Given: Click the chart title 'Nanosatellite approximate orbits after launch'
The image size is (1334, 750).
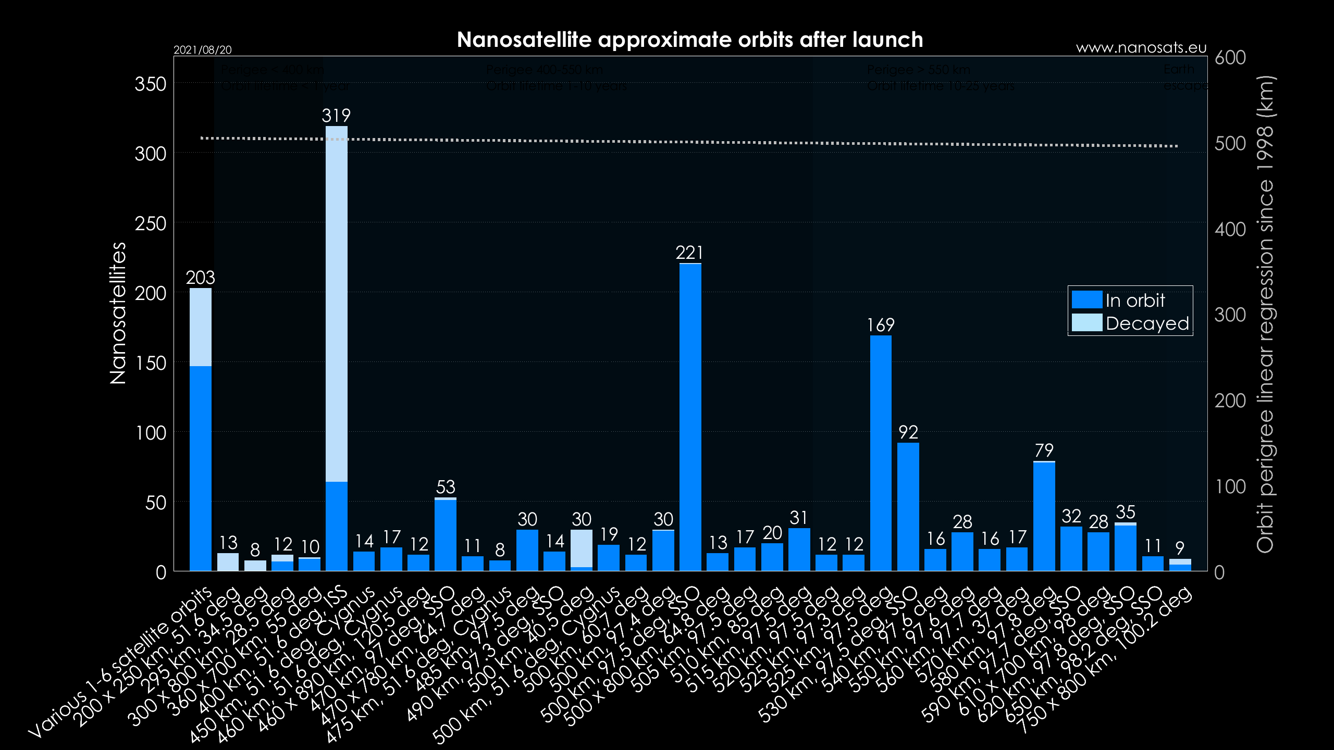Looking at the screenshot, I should tap(689, 40).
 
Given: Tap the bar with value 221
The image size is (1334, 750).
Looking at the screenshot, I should tap(690, 417).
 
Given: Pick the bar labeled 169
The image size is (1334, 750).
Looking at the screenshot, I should tap(881, 453).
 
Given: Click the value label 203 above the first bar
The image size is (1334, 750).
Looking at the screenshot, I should tap(201, 278).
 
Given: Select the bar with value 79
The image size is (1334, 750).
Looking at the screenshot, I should tap(1044, 516).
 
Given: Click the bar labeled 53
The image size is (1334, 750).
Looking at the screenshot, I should tap(446, 534).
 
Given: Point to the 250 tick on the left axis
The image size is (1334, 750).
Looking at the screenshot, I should tap(150, 223).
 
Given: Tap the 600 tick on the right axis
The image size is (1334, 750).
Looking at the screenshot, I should tap(1230, 57).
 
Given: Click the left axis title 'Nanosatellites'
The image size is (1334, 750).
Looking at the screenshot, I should tap(118, 312).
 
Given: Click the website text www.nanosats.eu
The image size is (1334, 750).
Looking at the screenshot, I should tap(1141, 48).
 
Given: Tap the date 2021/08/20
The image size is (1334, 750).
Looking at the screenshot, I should tap(202, 49).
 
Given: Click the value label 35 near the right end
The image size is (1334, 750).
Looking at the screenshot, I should tap(1125, 512).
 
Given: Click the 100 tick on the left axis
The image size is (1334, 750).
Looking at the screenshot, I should tap(150, 433).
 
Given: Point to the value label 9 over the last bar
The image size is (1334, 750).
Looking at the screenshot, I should tap(1180, 548).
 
